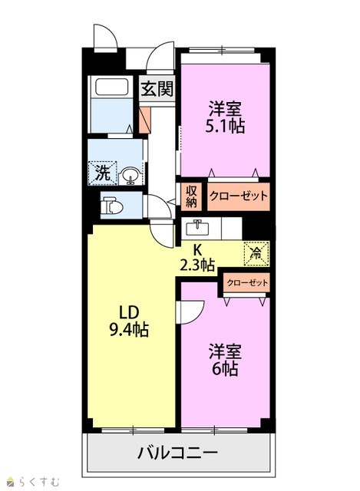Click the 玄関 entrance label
157,89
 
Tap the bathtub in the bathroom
111,87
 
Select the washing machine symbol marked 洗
102,173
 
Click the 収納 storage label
191,196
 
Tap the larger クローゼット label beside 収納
239,196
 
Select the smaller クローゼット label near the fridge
247,283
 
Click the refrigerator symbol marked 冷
256,253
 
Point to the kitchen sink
197,227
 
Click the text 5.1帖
225,126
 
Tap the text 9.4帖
129,329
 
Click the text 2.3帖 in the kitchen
197,265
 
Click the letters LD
128,312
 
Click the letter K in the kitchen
197,249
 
